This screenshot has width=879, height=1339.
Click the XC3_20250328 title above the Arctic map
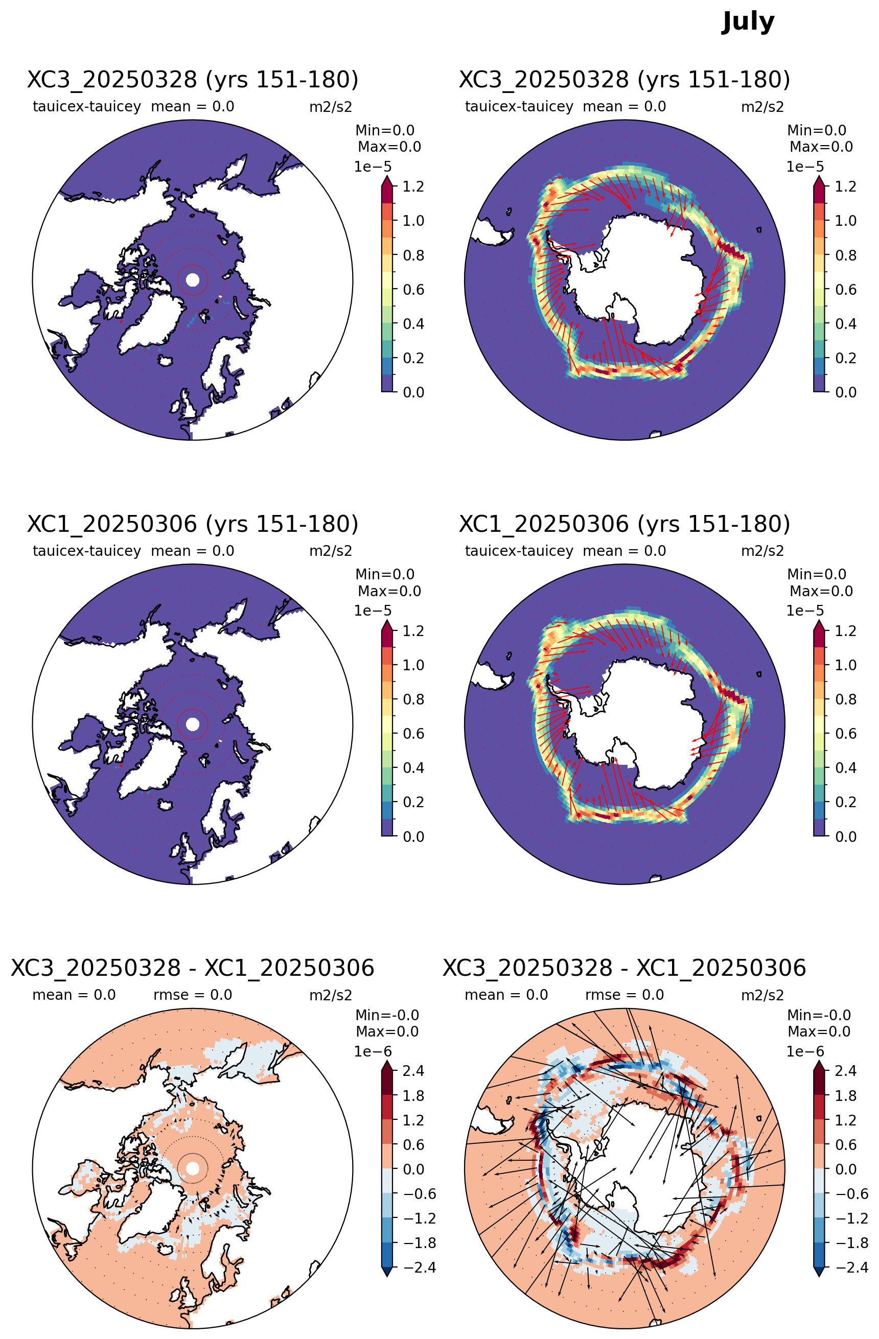tap(193, 80)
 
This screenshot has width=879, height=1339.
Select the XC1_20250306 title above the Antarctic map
tap(624, 524)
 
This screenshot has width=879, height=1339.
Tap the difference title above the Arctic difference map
tap(193, 968)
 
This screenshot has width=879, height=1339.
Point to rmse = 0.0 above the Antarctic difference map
tap(624, 995)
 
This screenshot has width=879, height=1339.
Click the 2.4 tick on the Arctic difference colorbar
tap(413, 1071)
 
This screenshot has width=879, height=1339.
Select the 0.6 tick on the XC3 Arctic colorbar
tap(413, 289)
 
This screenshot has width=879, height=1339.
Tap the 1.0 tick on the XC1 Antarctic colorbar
tap(846, 665)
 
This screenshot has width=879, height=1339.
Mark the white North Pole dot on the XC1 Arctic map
tap(193, 724)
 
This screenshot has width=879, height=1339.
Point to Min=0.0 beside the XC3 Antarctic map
tap(817, 130)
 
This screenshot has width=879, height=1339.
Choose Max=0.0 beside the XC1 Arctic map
tap(389, 591)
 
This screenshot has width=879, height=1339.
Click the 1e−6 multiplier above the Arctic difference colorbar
tap(373, 1051)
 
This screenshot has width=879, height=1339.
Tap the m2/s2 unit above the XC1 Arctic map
tap(331, 551)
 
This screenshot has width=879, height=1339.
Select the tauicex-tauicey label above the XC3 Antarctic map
tap(519, 106)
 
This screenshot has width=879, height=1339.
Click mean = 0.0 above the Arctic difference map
tap(74, 995)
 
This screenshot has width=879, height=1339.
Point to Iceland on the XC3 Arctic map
tap(166, 360)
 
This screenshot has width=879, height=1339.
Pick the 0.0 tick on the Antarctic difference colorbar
tap(846, 1169)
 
